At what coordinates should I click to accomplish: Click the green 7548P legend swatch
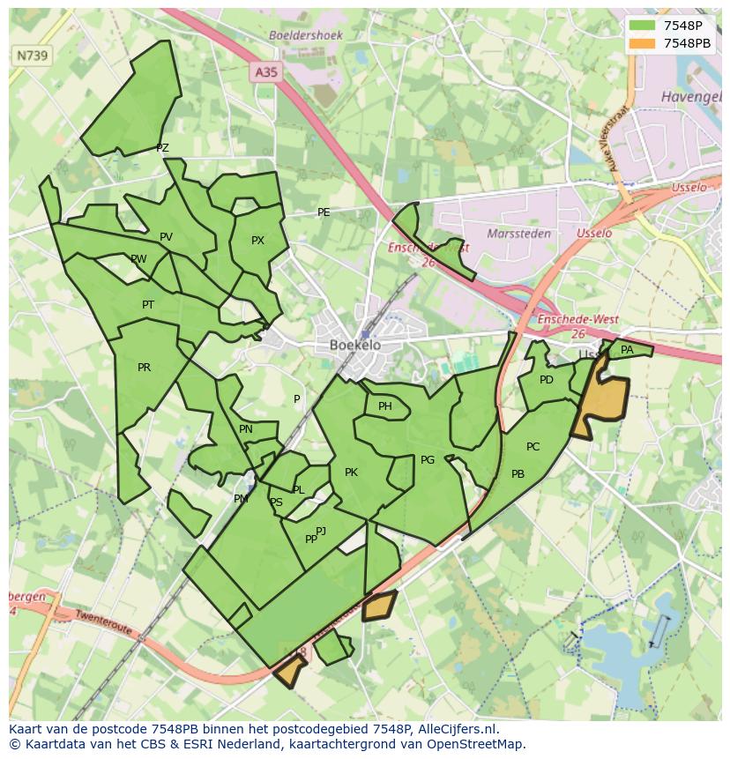pos(643,26)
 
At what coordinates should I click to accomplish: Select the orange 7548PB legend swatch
pos(643,43)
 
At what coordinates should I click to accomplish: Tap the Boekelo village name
pos(355,346)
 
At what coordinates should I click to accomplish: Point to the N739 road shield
pos(33,56)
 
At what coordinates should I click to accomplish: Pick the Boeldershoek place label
pos(305,35)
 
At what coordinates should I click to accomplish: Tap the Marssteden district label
pos(519,234)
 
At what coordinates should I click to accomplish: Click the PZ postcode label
pos(162,148)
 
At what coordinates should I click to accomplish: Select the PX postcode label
pos(257,241)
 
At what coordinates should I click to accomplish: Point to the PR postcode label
pos(145,368)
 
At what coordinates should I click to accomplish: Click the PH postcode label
pos(385,406)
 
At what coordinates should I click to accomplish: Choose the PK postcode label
pos(351,473)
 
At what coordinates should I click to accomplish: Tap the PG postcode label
pos(428,460)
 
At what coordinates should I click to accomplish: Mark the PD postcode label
pos(547,380)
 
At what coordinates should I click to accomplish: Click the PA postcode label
pos(627,350)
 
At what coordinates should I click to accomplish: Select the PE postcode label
pos(324,212)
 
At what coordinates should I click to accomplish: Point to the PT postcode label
pos(148,305)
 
